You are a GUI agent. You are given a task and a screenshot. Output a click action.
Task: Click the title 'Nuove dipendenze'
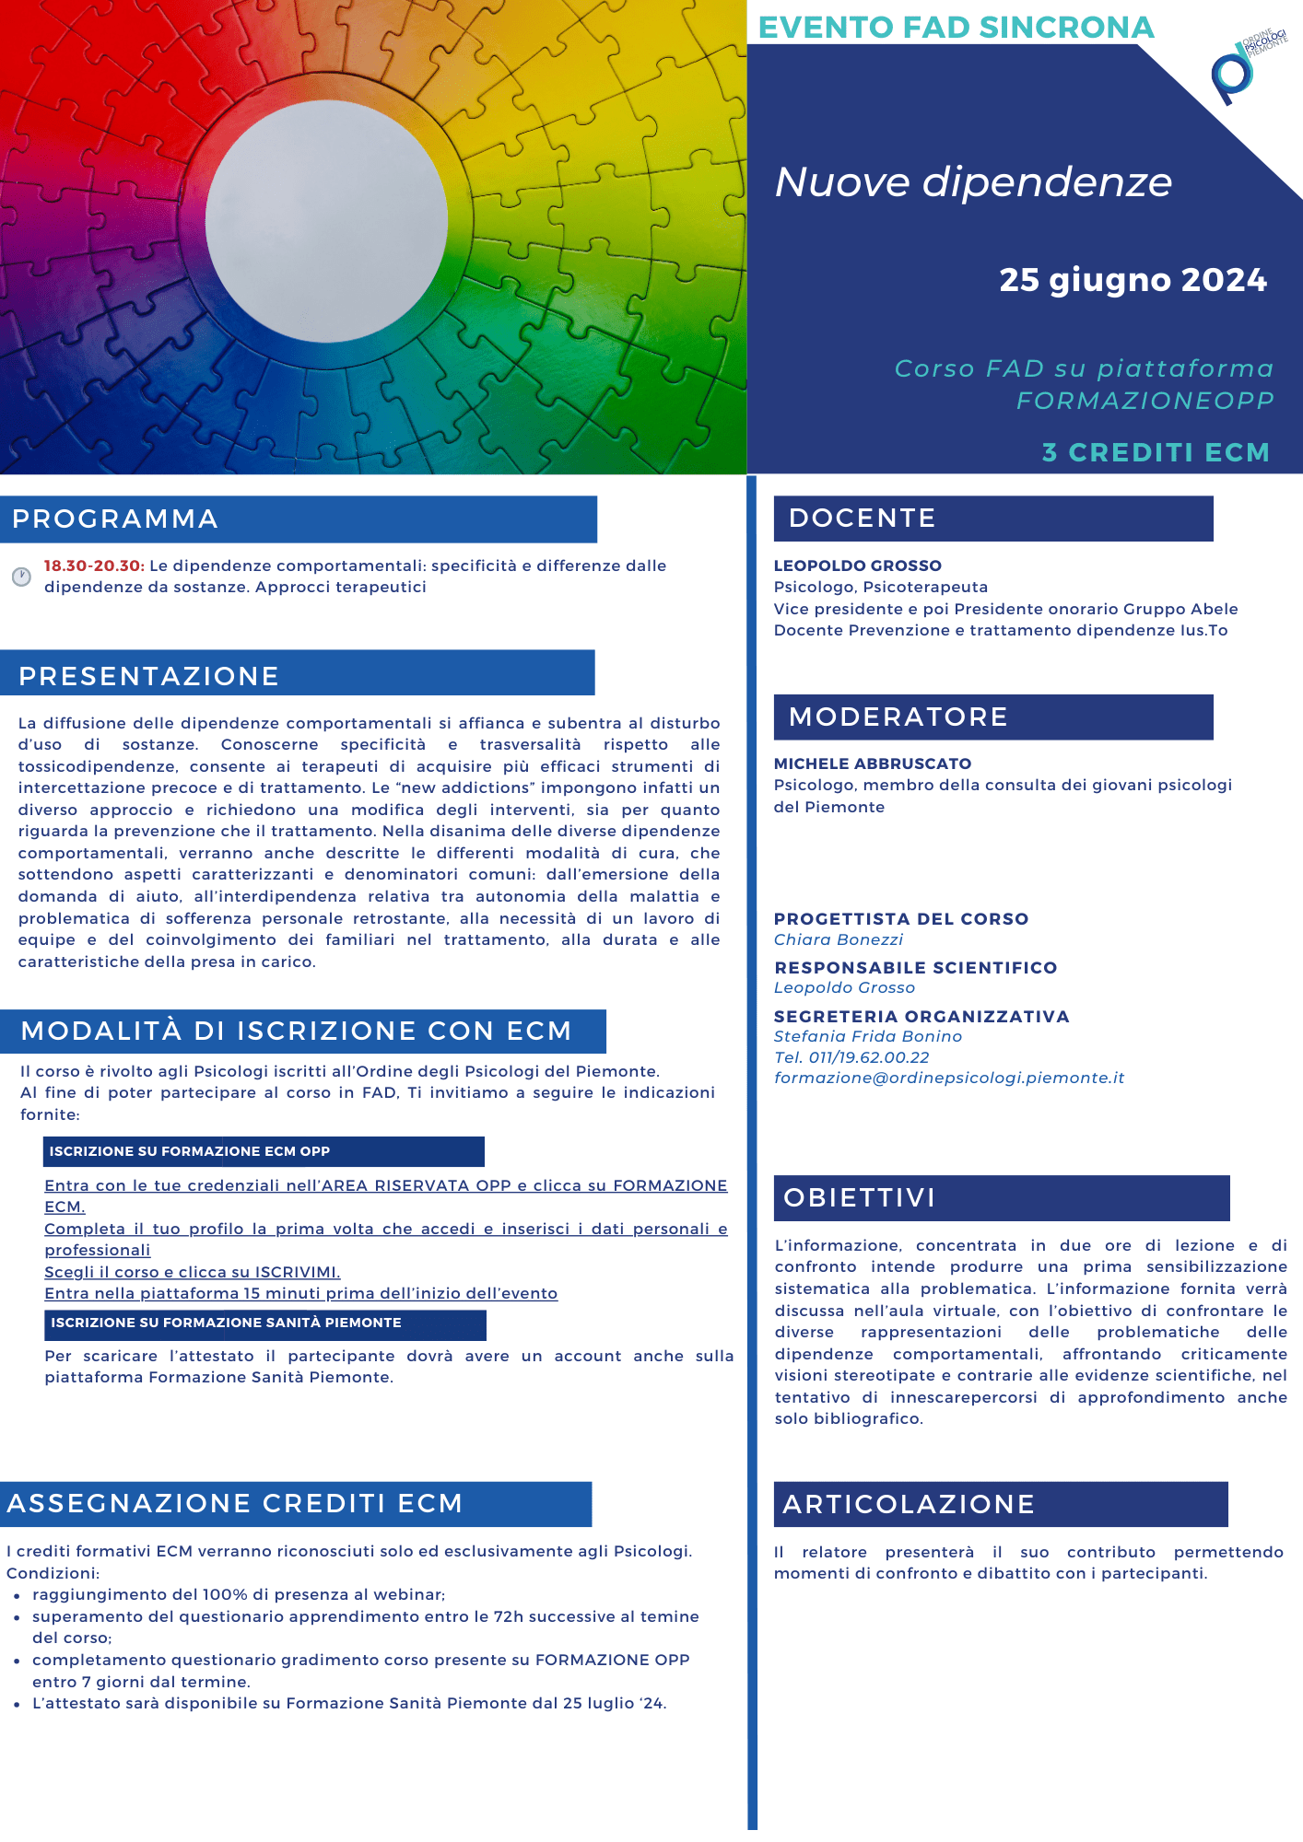pyautogui.click(x=973, y=182)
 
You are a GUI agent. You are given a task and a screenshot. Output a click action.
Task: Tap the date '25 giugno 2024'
pyautogui.click(x=1133, y=280)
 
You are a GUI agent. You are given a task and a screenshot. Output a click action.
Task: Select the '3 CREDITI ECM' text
pyautogui.click(x=1156, y=452)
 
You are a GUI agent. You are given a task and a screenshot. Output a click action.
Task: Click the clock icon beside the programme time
pyautogui.click(x=21, y=577)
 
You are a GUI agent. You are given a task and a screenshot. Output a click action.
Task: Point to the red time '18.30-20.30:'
pyautogui.click(x=94, y=565)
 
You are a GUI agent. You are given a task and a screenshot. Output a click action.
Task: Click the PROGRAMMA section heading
pyautogui.click(x=115, y=519)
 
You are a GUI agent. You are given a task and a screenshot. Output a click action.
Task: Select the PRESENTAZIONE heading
pyautogui.click(x=148, y=676)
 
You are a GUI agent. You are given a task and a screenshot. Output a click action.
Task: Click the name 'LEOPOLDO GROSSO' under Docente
pyautogui.click(x=857, y=565)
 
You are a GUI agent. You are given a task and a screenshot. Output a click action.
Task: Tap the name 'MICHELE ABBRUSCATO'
pyautogui.click(x=872, y=764)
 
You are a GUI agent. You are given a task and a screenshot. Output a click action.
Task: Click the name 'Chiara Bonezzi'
pyautogui.click(x=838, y=939)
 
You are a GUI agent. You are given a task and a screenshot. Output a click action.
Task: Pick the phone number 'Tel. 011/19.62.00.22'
pyautogui.click(x=851, y=1057)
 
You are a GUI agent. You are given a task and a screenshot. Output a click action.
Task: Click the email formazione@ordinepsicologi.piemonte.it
pyautogui.click(x=949, y=1078)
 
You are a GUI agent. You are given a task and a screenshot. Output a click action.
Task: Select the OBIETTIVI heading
pyautogui.click(x=859, y=1197)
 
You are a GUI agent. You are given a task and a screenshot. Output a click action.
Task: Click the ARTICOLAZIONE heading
pyautogui.click(x=909, y=1504)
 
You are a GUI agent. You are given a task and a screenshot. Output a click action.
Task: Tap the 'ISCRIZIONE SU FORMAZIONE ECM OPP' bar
pyautogui.click(x=263, y=1151)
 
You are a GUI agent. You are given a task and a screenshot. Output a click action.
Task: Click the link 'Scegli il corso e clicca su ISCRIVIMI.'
pyautogui.click(x=193, y=1272)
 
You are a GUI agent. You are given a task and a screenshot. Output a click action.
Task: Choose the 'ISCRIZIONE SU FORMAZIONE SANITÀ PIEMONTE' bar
pyautogui.click(x=264, y=1323)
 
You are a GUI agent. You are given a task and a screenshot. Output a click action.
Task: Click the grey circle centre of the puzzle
pyautogui.click(x=326, y=221)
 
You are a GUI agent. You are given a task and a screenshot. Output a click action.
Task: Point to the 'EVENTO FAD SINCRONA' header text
pyautogui.click(x=956, y=28)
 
